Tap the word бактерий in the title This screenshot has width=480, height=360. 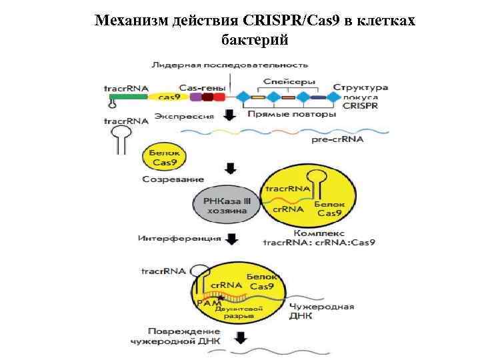click(254, 39)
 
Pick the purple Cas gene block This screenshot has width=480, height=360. click(195, 97)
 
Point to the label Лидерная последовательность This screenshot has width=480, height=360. click(229, 65)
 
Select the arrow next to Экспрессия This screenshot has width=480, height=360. click(230, 115)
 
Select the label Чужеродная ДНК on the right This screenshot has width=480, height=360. click(321, 311)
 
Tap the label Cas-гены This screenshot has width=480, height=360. click(202, 87)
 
